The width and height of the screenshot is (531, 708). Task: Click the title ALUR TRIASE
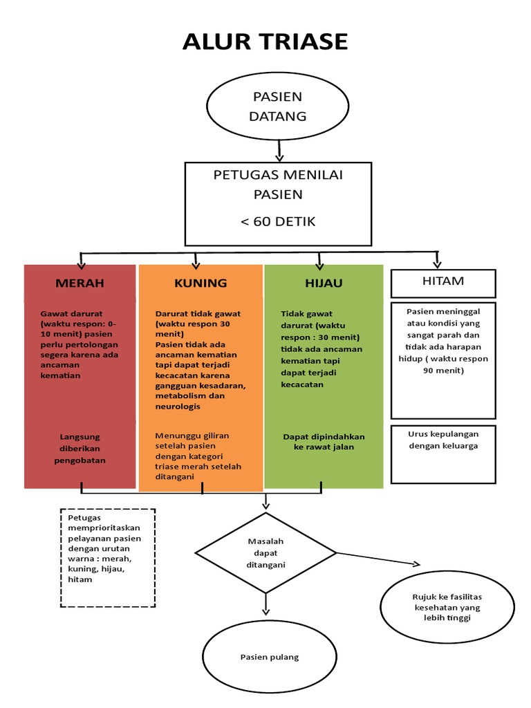[x=265, y=41]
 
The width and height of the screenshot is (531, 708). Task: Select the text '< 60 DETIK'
[x=278, y=221]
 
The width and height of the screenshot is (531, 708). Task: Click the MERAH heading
[x=80, y=283]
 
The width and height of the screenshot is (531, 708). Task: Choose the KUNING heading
[x=201, y=283]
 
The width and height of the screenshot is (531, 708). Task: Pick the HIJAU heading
[x=324, y=283]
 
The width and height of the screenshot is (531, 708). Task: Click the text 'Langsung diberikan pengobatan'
[x=80, y=448]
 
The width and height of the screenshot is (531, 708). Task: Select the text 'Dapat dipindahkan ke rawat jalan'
[x=324, y=442]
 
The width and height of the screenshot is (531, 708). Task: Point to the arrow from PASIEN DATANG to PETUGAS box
[x=279, y=150]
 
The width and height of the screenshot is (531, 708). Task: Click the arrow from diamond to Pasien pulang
[x=265, y=604]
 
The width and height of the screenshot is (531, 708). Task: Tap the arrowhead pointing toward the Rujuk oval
[x=416, y=563]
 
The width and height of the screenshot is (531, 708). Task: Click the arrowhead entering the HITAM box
[x=437, y=265]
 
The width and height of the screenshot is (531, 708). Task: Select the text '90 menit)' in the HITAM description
[x=443, y=371]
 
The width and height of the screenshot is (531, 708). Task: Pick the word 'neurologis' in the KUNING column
[x=178, y=407]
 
